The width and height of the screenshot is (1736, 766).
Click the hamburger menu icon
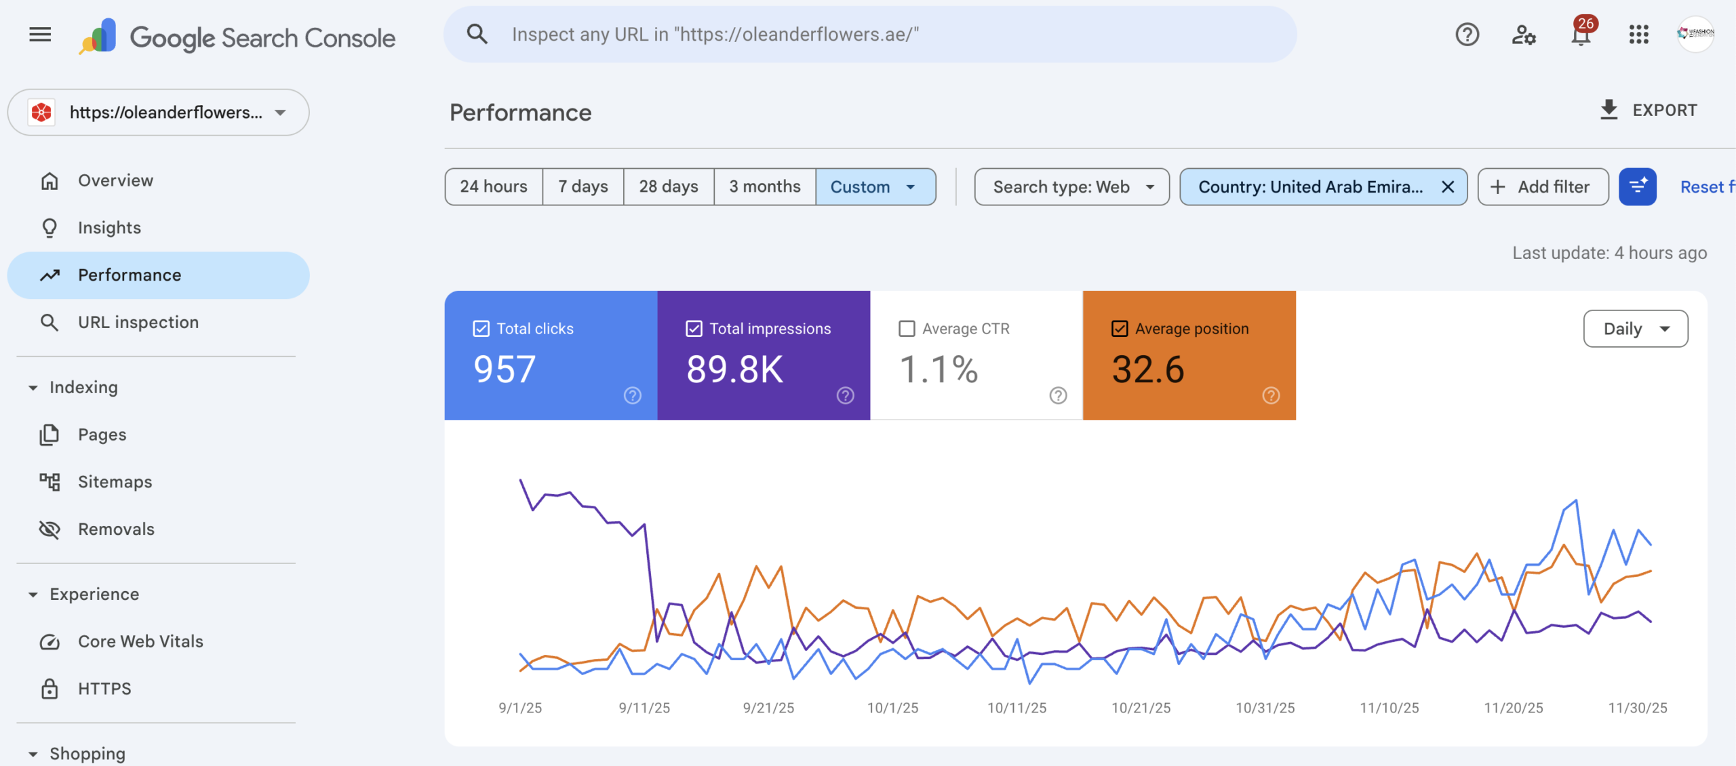point(40,35)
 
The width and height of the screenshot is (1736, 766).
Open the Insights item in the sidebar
point(109,228)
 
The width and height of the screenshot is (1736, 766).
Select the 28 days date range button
point(668,186)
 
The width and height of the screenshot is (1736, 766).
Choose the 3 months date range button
point(764,186)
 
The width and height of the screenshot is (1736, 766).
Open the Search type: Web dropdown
point(1071,186)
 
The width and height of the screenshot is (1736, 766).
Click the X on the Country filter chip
point(1447,186)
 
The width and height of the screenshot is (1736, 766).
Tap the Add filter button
point(1542,186)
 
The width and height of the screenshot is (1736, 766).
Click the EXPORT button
point(1649,110)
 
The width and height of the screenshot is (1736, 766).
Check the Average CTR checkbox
point(907,329)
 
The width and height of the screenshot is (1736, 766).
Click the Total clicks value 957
point(505,369)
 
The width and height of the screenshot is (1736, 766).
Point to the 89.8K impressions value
point(734,369)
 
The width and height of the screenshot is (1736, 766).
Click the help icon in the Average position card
point(1271,395)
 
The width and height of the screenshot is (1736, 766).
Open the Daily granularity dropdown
point(1635,329)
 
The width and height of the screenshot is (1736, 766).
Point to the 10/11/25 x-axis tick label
point(1017,708)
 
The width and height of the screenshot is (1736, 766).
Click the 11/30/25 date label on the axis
point(1637,708)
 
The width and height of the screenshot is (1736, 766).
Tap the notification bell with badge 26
point(1581,35)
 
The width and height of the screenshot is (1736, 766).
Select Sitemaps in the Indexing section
point(115,482)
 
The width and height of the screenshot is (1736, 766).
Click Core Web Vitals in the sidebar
point(140,641)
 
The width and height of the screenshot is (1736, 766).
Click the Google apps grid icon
point(1638,35)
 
